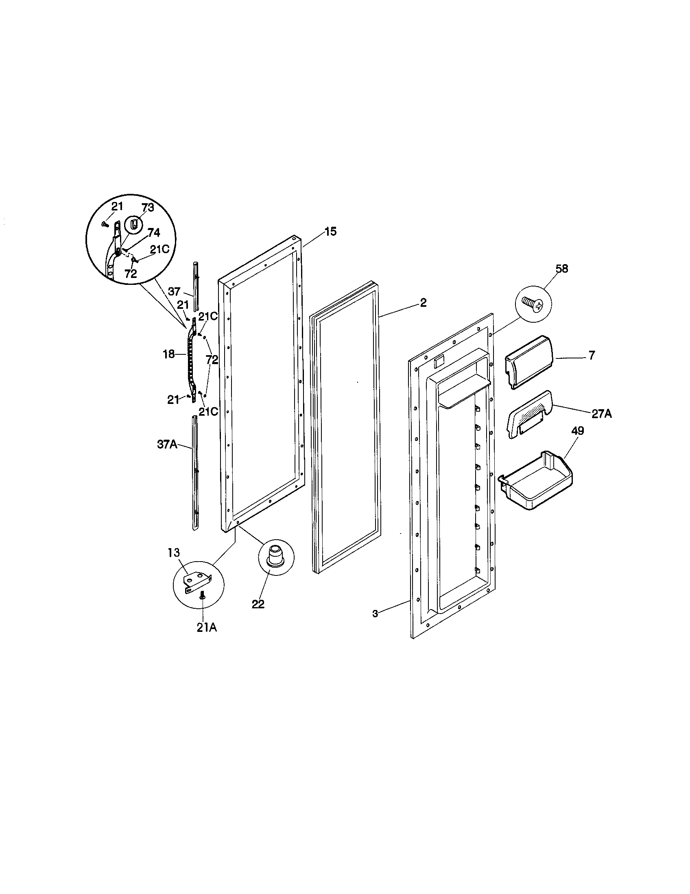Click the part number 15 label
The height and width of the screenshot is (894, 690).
[330, 232]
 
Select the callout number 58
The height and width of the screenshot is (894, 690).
[562, 269]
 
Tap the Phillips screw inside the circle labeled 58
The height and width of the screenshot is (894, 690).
[533, 304]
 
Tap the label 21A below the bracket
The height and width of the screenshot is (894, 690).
[207, 627]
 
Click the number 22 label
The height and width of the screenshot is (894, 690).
[258, 604]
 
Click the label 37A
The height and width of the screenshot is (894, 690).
[167, 445]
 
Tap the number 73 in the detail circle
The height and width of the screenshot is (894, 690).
[148, 208]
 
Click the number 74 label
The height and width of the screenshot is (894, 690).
[153, 233]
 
